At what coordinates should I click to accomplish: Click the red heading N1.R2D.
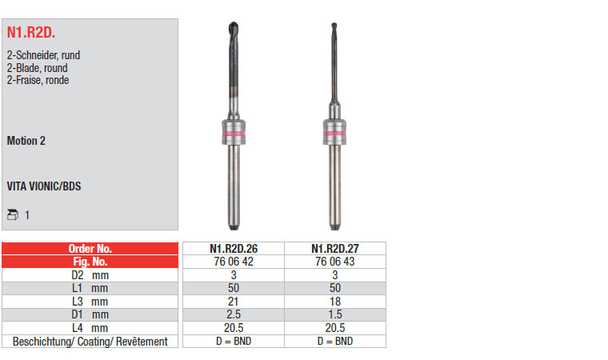click(31, 33)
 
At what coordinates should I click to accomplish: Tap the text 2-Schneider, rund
click(43, 55)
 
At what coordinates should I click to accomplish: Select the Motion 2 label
click(26, 141)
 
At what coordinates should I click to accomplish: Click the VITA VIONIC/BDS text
click(44, 186)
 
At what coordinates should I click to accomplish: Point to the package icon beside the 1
click(13, 214)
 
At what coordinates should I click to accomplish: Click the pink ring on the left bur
click(234, 134)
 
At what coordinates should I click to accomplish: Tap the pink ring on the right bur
click(334, 134)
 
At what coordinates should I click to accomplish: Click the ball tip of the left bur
click(233, 26)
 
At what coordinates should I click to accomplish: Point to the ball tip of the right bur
click(334, 26)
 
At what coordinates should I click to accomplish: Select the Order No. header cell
click(90, 248)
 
